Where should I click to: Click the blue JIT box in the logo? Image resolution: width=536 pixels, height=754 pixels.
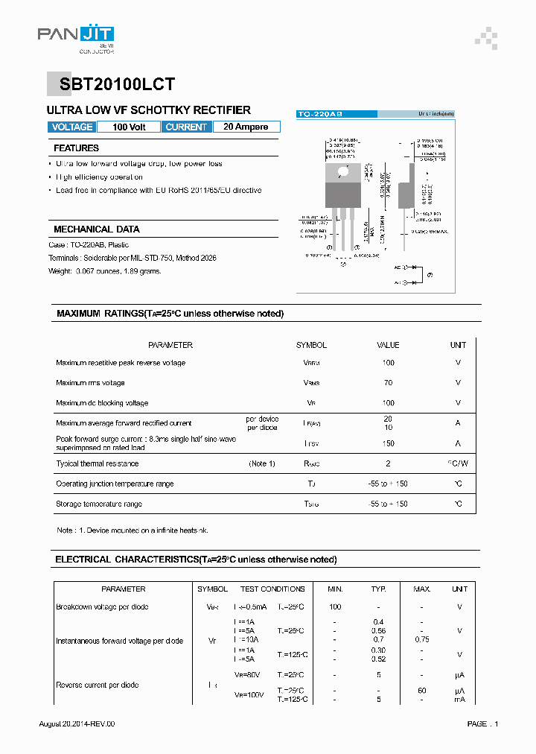coord(97,34)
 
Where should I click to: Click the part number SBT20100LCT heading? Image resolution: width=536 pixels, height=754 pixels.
coord(113,85)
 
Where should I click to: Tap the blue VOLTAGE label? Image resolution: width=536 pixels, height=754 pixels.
coord(72,127)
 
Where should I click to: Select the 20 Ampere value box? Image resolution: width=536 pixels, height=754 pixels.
coord(246,127)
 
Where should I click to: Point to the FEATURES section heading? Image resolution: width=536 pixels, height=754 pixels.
coord(76,148)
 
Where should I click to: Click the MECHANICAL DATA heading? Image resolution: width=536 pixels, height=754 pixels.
coord(96,229)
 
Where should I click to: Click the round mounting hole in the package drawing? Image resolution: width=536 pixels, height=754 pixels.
coord(343,171)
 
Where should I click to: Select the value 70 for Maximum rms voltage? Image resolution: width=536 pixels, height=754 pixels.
coord(388,383)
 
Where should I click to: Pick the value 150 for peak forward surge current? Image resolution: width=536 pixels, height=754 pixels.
coord(388,443)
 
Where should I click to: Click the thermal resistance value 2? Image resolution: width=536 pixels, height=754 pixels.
coord(388,463)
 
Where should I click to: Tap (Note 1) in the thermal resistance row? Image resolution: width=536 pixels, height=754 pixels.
coord(262,463)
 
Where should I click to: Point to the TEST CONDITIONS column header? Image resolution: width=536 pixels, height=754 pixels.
coord(272,589)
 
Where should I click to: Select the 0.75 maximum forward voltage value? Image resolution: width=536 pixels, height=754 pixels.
coord(422,639)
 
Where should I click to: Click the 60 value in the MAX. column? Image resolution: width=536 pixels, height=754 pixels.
coord(422,691)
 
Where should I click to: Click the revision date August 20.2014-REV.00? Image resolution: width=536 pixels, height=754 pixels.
coord(77,724)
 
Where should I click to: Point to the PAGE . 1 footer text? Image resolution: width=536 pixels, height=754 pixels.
coord(482,724)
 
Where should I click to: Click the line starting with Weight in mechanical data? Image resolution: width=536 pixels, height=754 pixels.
coord(104,271)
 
